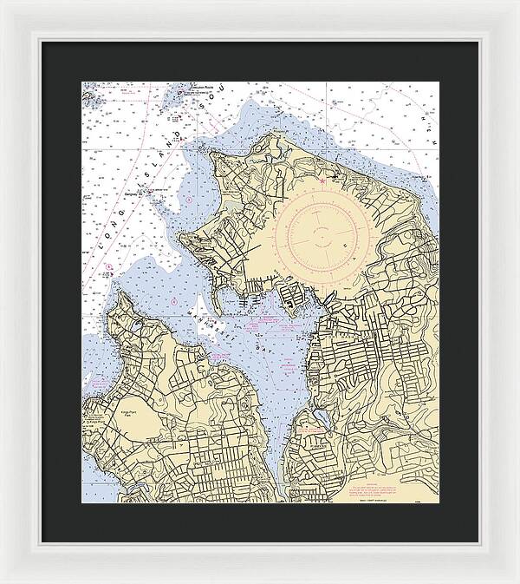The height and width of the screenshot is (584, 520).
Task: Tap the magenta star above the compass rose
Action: click(x=321, y=181)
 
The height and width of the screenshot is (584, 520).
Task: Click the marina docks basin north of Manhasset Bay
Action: click(x=291, y=304)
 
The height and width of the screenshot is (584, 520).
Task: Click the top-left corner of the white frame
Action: click(x=2, y=2)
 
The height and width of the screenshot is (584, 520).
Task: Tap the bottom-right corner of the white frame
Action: click(x=517, y=581)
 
